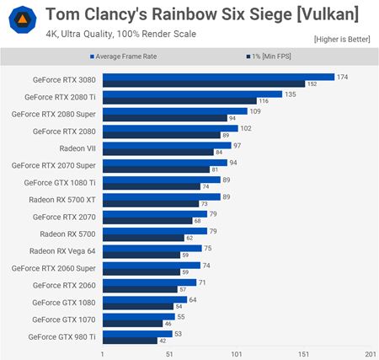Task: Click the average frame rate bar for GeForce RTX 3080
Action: pos(218,77)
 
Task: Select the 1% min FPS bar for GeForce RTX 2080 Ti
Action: pos(179,101)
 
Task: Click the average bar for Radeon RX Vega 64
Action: pos(152,248)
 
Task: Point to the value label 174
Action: pos(343,77)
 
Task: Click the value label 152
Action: pos(312,84)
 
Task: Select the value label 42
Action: pos(163,341)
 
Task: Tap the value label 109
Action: pos(255,111)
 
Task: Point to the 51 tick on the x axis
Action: pos(169,353)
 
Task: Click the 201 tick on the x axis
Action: pos(371,353)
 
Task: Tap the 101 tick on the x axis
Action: pos(237,353)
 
